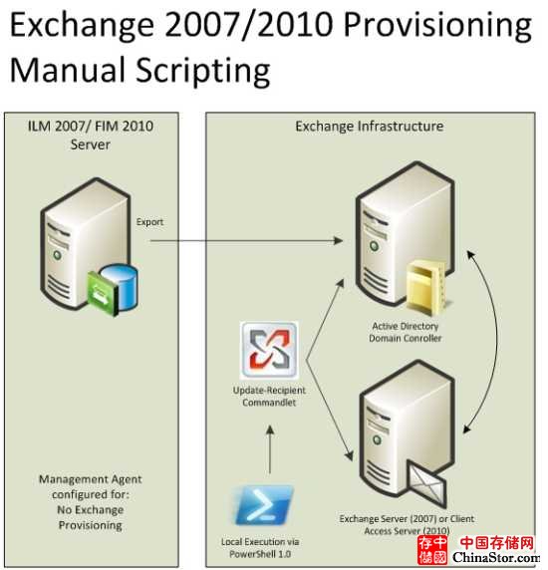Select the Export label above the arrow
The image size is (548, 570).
(149, 222)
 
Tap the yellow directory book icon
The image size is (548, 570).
(425, 286)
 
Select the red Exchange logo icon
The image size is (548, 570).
(269, 350)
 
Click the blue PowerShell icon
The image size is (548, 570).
(263, 505)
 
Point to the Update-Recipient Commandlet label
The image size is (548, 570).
(269, 397)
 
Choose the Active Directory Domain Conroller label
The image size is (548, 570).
(406, 332)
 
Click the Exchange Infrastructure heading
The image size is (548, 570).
(370, 127)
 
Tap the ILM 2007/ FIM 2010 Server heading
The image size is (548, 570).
(91, 136)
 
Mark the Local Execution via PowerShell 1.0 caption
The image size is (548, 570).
(260, 548)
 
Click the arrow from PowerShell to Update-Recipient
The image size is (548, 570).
(270, 449)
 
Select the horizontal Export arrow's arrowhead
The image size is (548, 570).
(339, 240)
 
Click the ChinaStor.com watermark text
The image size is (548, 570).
(496, 557)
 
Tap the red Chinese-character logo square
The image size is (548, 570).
(432, 551)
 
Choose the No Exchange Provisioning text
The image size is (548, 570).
(91, 517)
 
